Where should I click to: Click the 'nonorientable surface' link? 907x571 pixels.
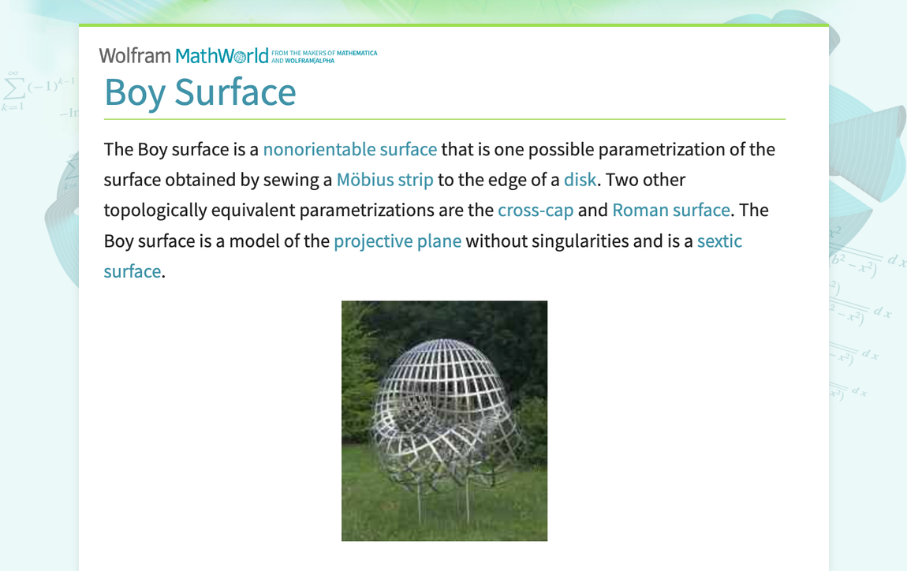coord(349,150)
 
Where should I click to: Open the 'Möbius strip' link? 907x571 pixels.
coord(385,180)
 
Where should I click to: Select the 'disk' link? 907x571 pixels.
coord(580,180)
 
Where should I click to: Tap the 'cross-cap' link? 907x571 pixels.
coord(536,211)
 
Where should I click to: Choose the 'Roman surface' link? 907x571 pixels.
coord(671,211)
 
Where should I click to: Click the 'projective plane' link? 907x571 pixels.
coord(398,241)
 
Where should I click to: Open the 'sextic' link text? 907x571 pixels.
coord(719,241)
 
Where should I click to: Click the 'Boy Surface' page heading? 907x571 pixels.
coord(200,91)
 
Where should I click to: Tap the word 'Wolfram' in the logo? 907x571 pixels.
coord(135,55)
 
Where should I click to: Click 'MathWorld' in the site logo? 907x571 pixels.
coord(222,55)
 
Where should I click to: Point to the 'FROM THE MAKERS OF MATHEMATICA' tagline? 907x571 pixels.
coord(324,54)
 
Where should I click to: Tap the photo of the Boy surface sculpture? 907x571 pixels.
coord(444,420)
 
